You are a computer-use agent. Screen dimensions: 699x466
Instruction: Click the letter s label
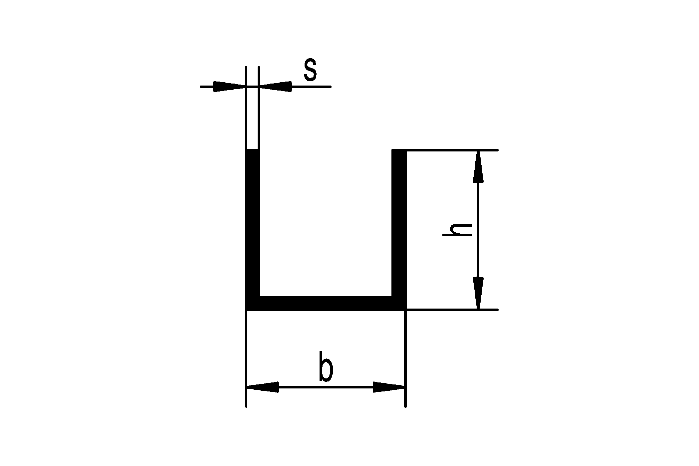coord(310,71)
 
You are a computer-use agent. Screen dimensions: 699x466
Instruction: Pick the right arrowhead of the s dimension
coord(275,87)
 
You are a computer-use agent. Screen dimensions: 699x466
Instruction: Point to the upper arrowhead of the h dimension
coord(478,167)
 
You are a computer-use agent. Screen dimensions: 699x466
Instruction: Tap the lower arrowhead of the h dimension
coord(478,293)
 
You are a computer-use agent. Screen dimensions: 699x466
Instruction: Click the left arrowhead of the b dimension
coord(263,387)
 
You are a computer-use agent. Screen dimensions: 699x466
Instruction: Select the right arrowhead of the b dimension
coord(389,387)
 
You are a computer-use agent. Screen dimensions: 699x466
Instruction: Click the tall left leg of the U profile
coord(252,230)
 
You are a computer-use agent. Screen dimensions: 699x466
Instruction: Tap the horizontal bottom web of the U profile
coord(326,303)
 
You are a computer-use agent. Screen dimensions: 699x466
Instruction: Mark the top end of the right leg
coord(399,149)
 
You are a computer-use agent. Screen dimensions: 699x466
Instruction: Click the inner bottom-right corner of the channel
coord(392,296)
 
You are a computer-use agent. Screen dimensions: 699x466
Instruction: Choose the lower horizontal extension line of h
coord(452,310)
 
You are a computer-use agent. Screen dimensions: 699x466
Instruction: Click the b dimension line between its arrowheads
coord(326,387)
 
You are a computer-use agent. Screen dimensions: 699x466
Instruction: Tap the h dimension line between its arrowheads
coord(478,230)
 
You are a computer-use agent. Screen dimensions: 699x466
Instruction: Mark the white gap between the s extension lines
coord(252,116)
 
